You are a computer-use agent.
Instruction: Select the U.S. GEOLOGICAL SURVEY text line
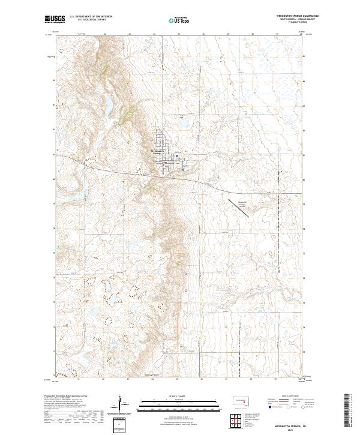click(x=86, y=20)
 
